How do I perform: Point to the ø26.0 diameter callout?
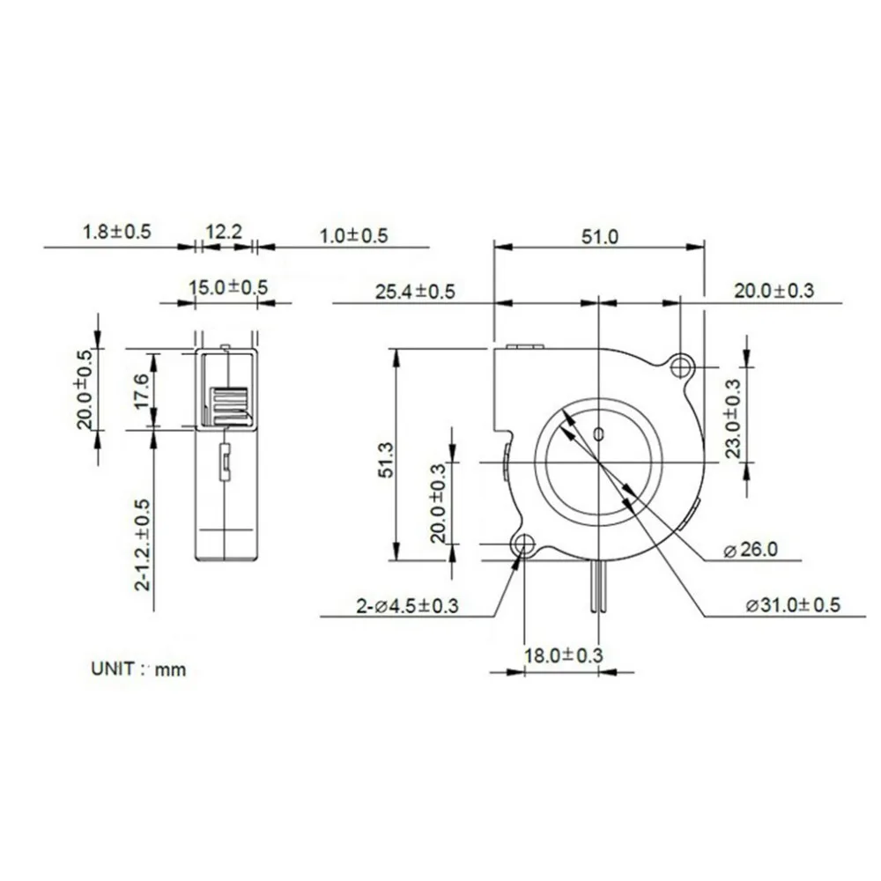pos(751,551)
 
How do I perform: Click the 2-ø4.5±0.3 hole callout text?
pos(407,605)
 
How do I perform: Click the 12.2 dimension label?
pos(223,233)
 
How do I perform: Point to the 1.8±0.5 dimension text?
pos(117,233)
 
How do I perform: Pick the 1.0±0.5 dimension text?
pos(353,235)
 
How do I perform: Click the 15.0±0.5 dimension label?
pos(228,287)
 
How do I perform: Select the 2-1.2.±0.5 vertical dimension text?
pos(142,544)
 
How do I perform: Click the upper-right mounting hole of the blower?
pos(680,366)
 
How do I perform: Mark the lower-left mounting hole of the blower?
pos(524,545)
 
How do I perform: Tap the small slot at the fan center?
pos(599,433)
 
